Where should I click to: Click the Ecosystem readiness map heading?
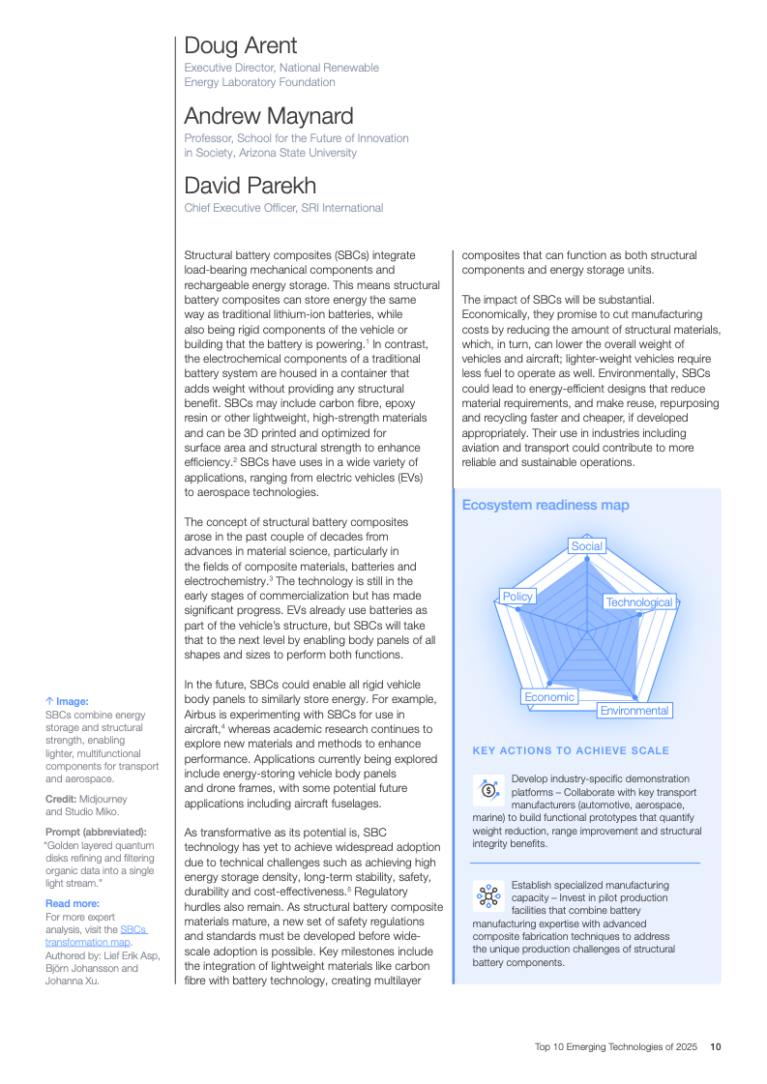point(546,505)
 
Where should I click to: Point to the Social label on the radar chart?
point(586,546)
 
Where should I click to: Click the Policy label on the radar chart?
point(517,597)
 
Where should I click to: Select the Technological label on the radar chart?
point(638,602)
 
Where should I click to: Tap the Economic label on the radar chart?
point(548,697)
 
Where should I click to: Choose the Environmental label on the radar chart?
point(634,711)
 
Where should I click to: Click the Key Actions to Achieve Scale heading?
point(571,750)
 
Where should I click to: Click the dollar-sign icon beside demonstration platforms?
point(488,790)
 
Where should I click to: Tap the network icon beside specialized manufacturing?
point(488,896)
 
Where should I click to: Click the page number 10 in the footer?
point(715,1046)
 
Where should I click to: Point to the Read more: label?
point(73,904)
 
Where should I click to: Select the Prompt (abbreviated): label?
point(94,832)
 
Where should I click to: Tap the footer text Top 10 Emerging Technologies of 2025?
point(616,1046)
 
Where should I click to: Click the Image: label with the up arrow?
point(67,701)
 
